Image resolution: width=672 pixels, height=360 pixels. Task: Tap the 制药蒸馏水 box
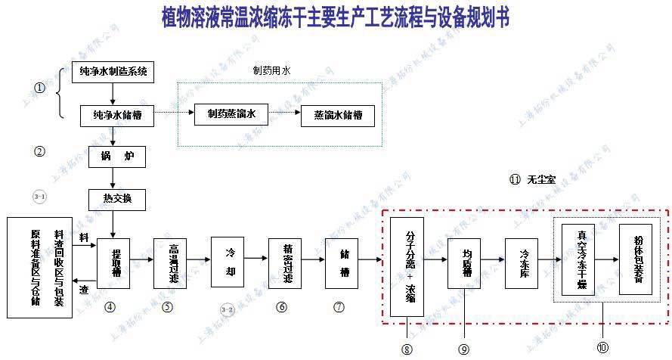click(x=231, y=115)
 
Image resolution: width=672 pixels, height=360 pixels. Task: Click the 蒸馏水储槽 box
click(x=337, y=116)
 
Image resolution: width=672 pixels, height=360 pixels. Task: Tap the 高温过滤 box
click(x=170, y=262)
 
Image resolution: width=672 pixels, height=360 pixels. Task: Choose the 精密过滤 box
click(x=285, y=262)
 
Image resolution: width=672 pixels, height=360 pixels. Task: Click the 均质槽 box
click(x=464, y=262)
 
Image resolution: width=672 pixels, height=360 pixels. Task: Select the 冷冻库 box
click(x=522, y=262)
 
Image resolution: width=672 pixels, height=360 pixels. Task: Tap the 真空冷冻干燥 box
click(x=578, y=259)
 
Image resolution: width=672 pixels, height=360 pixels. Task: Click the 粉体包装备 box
click(x=635, y=259)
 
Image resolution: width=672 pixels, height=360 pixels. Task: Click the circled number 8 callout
click(x=407, y=349)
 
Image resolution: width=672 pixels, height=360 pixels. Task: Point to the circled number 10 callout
click(x=602, y=347)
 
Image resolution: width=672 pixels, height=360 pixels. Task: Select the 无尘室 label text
click(x=542, y=180)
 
